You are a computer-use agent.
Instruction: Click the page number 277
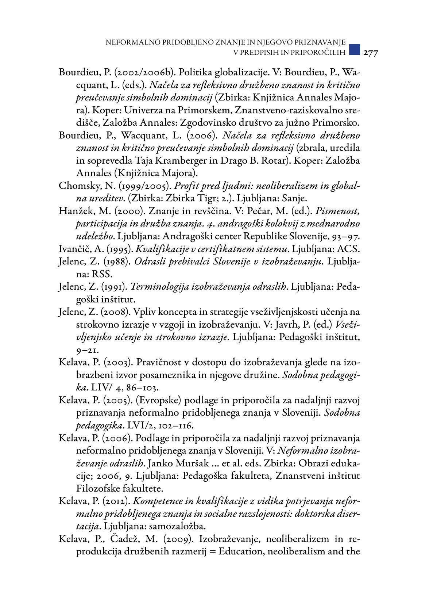(x=371, y=53)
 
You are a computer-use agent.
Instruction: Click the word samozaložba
(x=177, y=526)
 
